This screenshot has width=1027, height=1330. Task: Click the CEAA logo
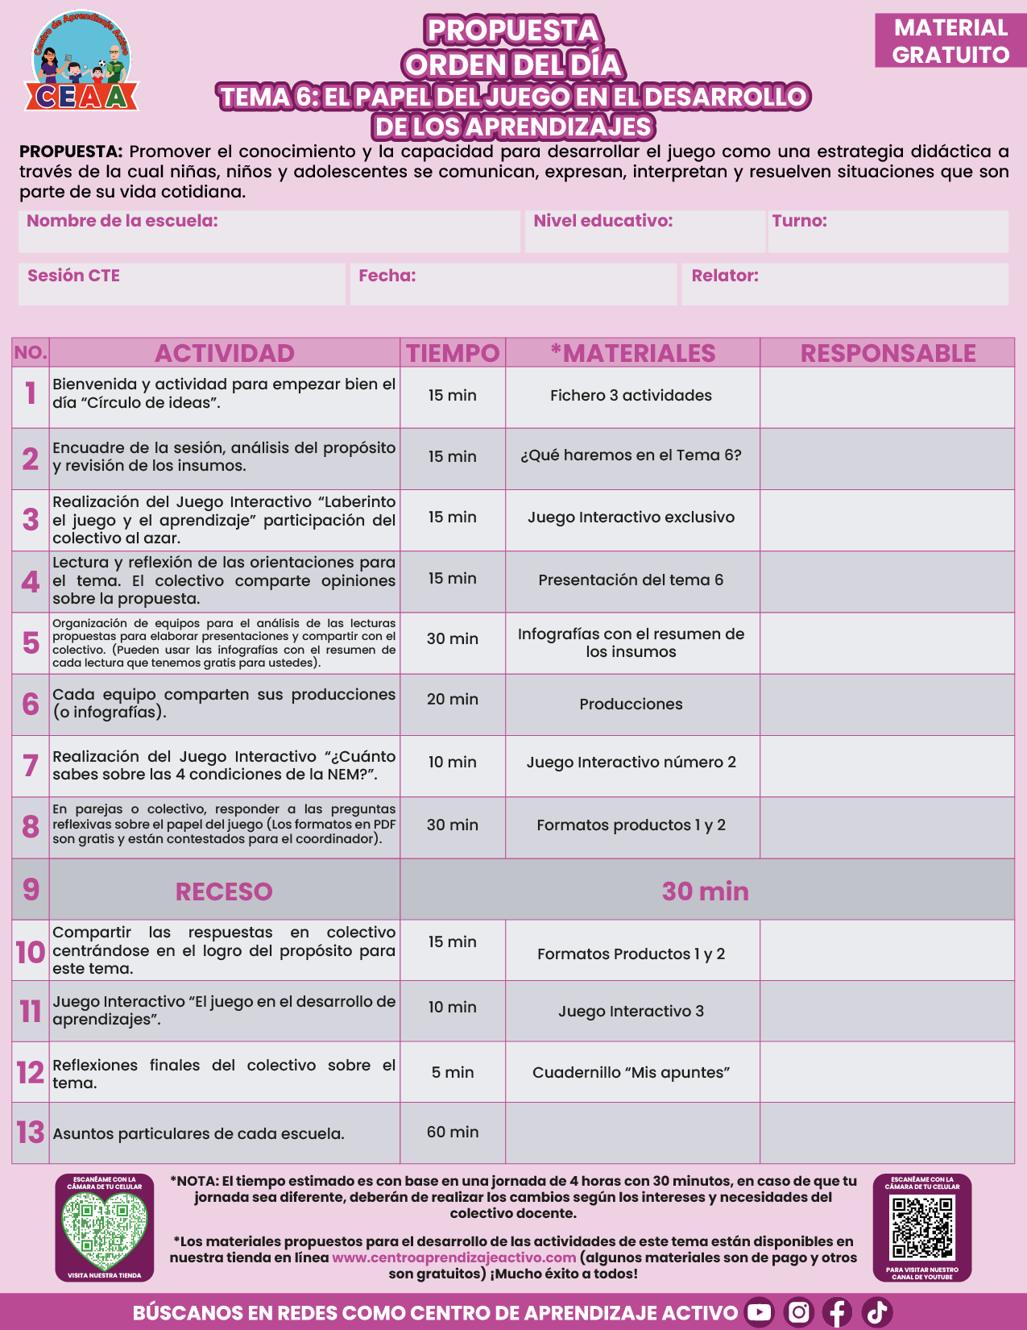coord(81,63)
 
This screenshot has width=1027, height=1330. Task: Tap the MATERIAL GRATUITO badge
coord(950,41)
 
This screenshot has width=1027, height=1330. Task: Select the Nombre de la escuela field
coord(269,231)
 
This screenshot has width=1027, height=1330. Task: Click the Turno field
coord(888,231)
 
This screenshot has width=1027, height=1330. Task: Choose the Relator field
coord(844,284)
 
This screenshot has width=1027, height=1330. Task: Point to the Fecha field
coord(513,284)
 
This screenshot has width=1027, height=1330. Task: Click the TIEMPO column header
coord(453,353)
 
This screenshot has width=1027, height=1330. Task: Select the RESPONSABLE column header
coord(888,353)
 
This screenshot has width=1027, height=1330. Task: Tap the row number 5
coord(31,643)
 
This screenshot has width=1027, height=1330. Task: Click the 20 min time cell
coord(453,700)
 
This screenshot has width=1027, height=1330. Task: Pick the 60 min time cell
coord(453,1133)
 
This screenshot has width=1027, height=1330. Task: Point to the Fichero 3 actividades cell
coord(632,396)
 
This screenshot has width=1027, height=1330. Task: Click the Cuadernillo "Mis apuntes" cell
coord(632,1073)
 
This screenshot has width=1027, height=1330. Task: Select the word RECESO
coord(224,892)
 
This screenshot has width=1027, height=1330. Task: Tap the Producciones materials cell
coord(632,704)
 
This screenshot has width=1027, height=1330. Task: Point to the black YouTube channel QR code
coord(922,1228)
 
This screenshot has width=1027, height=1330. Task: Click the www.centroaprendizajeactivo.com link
coord(454,1257)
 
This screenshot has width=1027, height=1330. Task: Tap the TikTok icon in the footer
coord(877,1312)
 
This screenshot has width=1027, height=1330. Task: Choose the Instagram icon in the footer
coord(798,1312)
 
